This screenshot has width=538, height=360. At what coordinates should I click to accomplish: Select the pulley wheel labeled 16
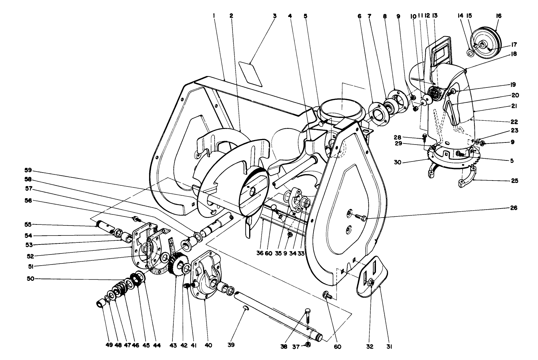[484, 43]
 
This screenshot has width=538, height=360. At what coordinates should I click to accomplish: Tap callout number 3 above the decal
[275, 16]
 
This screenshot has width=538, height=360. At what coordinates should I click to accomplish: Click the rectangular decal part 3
[251, 74]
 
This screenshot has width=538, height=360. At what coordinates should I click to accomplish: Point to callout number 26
[514, 208]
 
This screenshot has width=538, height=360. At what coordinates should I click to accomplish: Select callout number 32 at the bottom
[370, 345]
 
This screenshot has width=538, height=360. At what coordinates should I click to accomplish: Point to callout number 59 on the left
[28, 170]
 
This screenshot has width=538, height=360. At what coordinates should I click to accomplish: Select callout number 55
[28, 224]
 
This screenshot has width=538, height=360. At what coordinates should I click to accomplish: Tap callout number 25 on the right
[514, 181]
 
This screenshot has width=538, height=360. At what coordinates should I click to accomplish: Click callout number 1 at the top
[214, 16]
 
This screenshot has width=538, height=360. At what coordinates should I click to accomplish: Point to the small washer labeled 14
[469, 53]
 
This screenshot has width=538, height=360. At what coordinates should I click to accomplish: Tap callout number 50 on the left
[28, 278]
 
